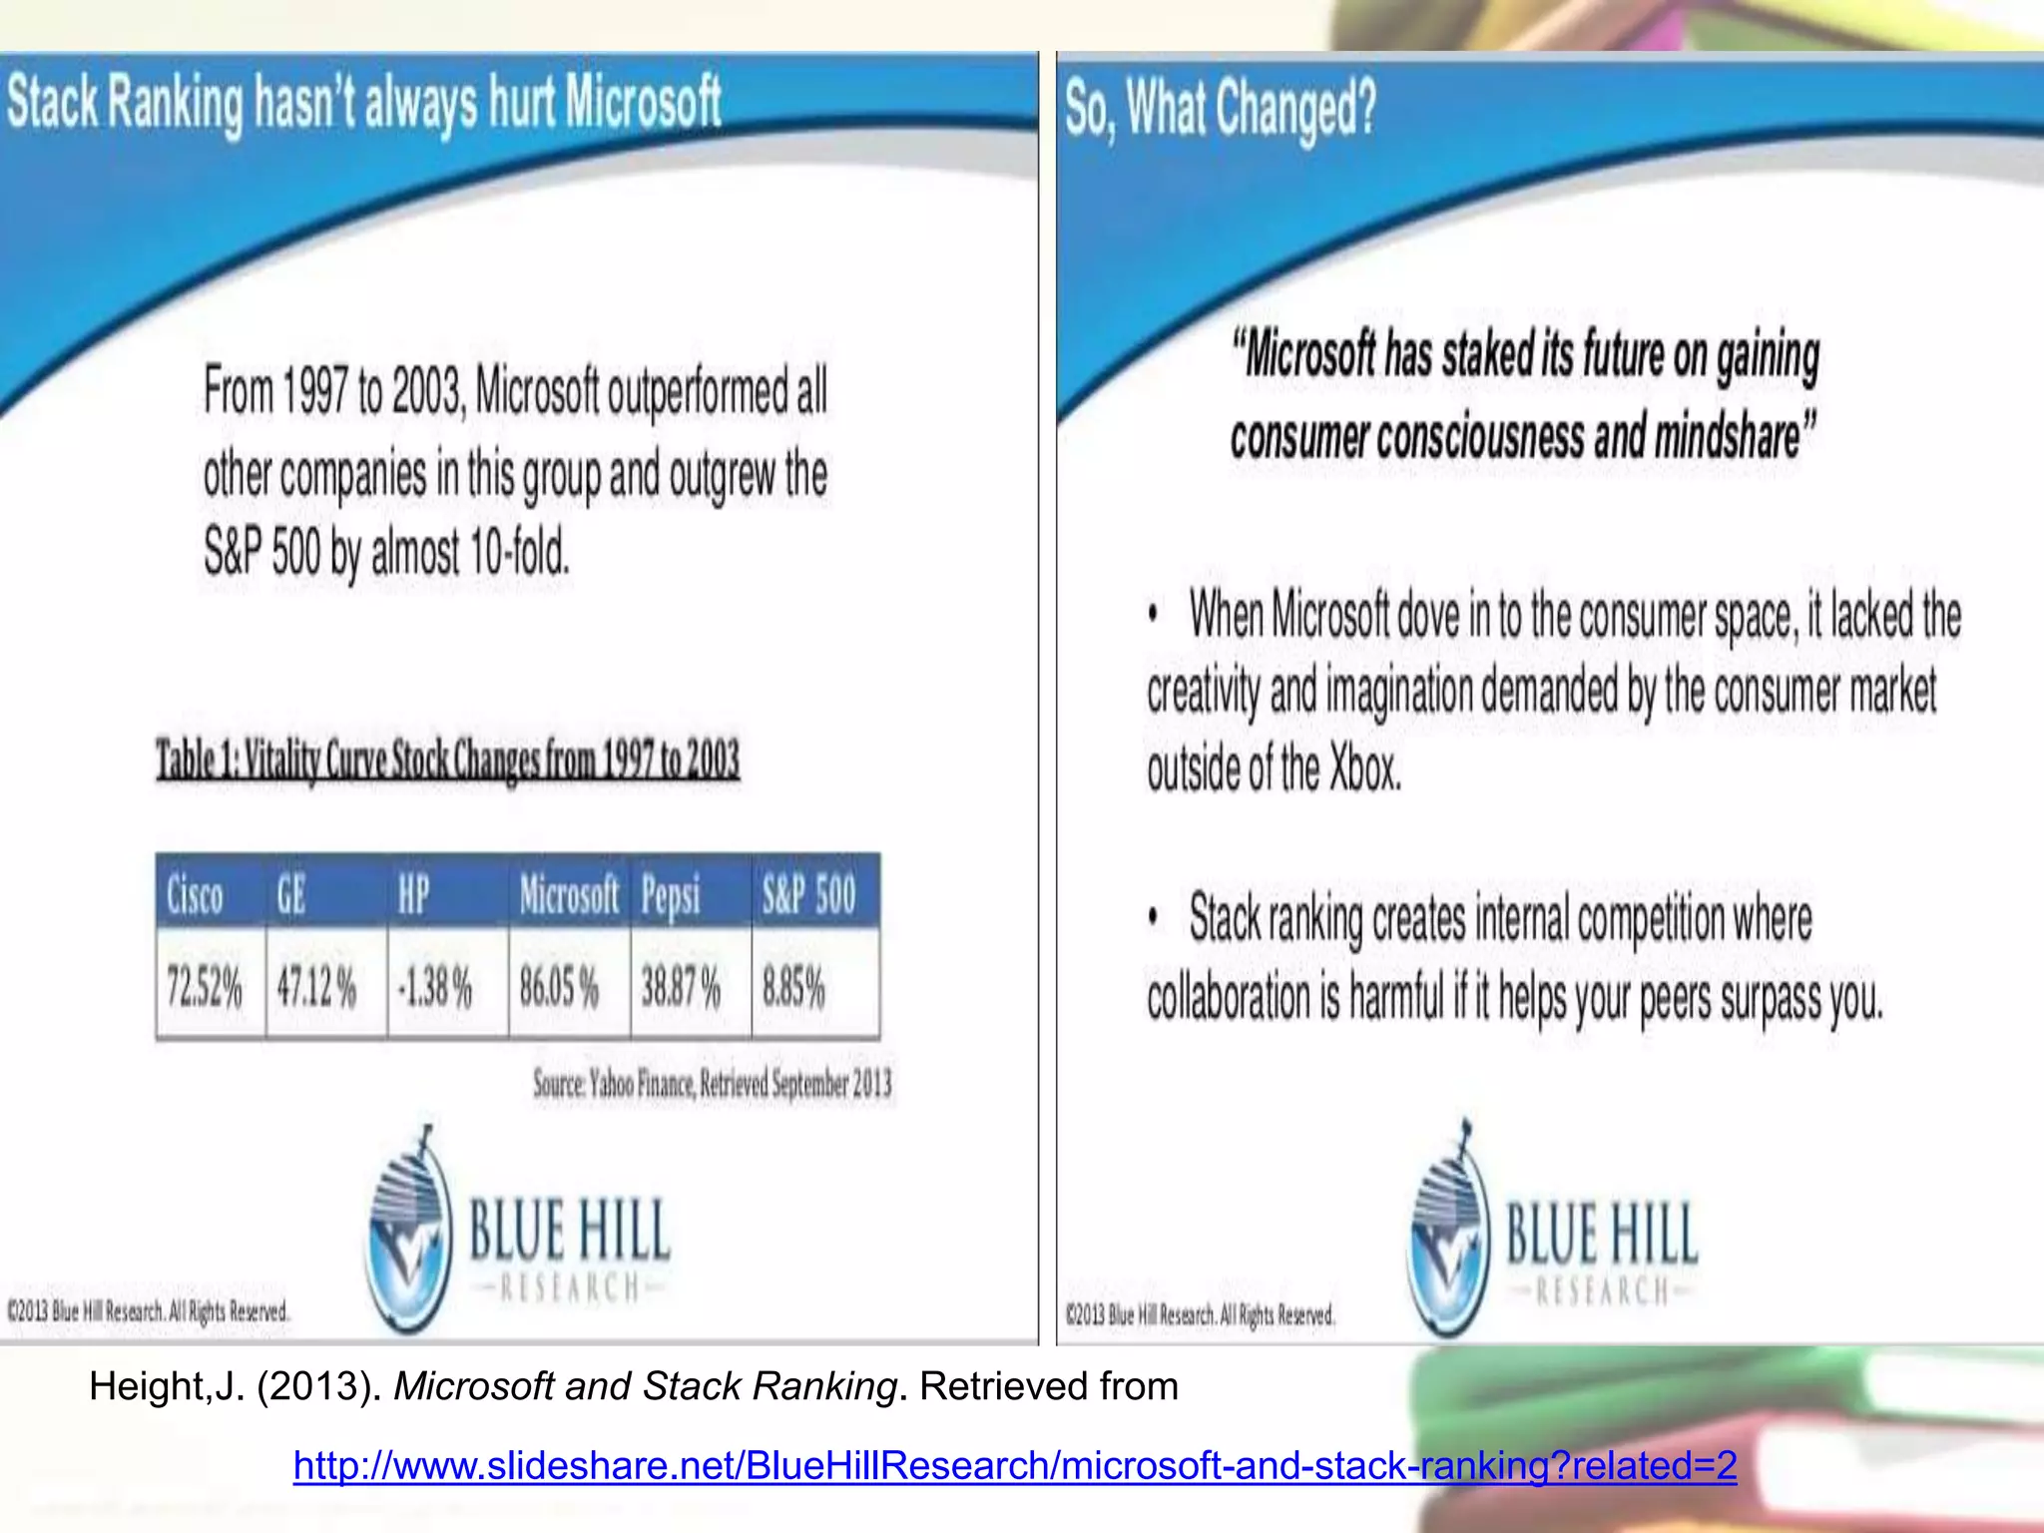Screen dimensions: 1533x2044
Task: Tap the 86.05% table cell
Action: coord(559,987)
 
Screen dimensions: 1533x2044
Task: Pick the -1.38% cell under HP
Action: coord(435,987)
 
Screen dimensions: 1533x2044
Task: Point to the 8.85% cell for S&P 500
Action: coord(794,987)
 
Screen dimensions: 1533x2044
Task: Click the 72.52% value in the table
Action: coord(205,987)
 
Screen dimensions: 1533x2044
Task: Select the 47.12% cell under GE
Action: coord(316,987)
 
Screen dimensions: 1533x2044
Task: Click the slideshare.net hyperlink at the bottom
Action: coord(1015,1465)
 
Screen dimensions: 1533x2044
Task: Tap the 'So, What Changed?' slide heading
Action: coord(1221,108)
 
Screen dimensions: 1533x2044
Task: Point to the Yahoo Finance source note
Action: coord(713,1083)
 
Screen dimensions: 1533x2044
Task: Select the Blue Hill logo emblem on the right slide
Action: coord(1447,1233)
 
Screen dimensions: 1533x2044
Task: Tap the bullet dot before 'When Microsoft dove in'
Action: coord(1153,614)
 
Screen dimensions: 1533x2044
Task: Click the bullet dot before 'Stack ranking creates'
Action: coord(1153,917)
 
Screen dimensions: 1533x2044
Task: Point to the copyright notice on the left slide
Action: coord(149,1310)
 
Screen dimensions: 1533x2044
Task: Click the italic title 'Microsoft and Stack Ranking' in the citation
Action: coord(646,1386)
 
